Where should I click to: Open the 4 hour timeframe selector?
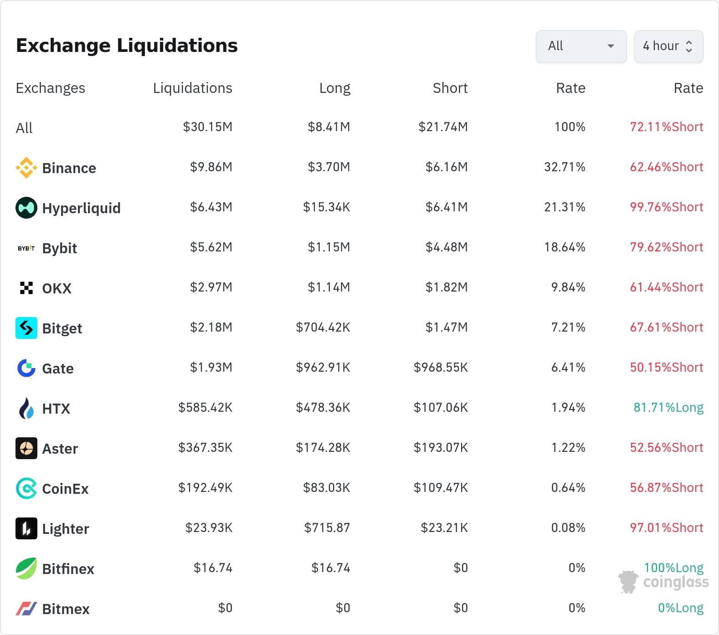(668, 46)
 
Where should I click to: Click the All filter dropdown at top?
(581, 46)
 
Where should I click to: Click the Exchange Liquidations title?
(127, 46)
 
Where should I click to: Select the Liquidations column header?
(193, 88)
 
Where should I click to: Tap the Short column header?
(450, 88)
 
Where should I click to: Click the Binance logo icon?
(26, 168)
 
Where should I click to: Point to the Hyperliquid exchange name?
(82, 208)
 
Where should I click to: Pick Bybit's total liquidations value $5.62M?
(211, 247)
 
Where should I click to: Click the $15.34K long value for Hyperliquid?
(327, 207)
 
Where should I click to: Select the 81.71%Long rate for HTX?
(668, 407)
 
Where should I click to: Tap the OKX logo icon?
(26, 288)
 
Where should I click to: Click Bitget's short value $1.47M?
(447, 327)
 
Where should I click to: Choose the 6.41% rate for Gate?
(568, 367)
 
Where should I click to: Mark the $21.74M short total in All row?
(443, 127)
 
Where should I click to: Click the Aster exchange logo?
(26, 448)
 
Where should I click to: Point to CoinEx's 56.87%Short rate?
(667, 487)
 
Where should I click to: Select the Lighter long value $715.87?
(327, 527)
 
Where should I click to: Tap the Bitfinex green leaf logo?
(26, 568)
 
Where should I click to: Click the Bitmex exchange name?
(66, 609)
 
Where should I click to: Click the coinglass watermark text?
(676, 582)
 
